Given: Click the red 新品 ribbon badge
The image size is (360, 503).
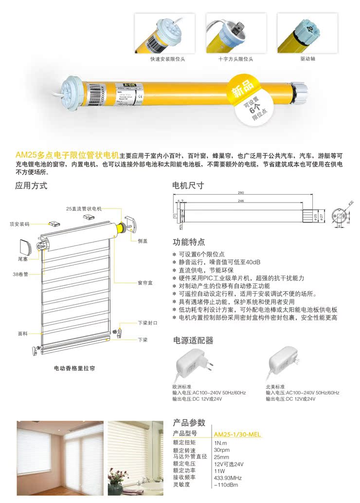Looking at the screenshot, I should [x=245, y=89].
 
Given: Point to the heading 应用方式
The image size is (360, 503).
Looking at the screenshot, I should [x=32, y=186].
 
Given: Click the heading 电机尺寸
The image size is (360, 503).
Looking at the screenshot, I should [x=188, y=186].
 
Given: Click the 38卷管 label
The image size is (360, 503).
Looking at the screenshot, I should [x=20, y=274].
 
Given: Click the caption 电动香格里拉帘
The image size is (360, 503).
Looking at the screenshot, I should [x=74, y=369].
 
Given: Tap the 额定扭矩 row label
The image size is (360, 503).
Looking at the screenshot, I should [x=184, y=443].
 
